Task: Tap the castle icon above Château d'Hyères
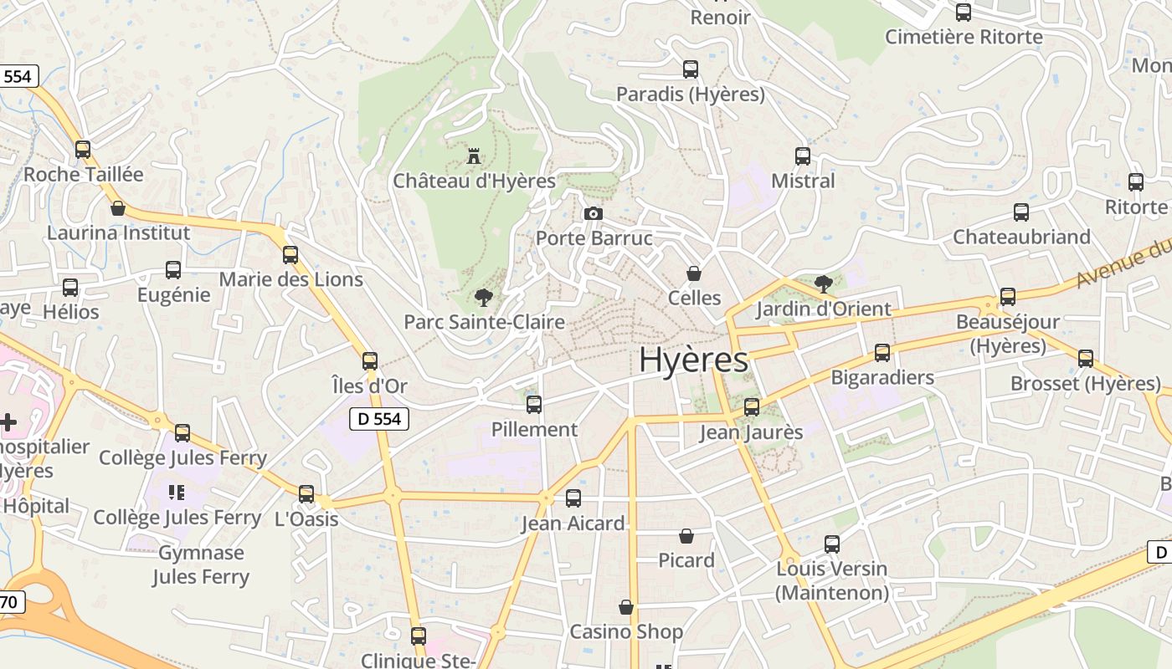(x=474, y=156)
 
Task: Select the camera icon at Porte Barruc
(x=593, y=213)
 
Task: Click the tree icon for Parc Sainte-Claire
(x=483, y=297)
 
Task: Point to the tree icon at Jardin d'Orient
(x=824, y=283)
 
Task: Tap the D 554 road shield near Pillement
(x=378, y=419)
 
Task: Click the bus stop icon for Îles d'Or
(x=370, y=361)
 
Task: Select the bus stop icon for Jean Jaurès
(x=752, y=407)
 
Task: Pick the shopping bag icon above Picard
(x=686, y=535)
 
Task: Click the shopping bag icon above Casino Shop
(x=626, y=607)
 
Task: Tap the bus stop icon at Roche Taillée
(x=83, y=150)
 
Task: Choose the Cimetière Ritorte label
(x=964, y=37)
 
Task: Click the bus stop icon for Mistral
(x=803, y=156)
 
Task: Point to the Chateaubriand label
(x=1021, y=237)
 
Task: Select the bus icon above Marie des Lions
(x=290, y=255)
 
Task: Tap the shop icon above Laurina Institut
(x=118, y=207)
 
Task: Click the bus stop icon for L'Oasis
(x=306, y=494)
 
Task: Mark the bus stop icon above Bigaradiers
(x=882, y=353)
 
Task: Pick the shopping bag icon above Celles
(x=694, y=273)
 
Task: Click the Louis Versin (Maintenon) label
(x=831, y=580)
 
